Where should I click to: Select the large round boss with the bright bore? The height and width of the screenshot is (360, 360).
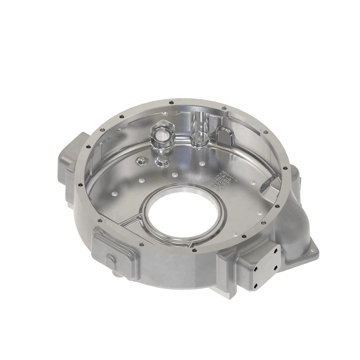(x=162, y=134)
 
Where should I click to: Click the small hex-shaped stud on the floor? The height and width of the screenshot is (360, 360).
(x=141, y=161)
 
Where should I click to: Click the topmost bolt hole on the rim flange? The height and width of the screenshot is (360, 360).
(x=170, y=101)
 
